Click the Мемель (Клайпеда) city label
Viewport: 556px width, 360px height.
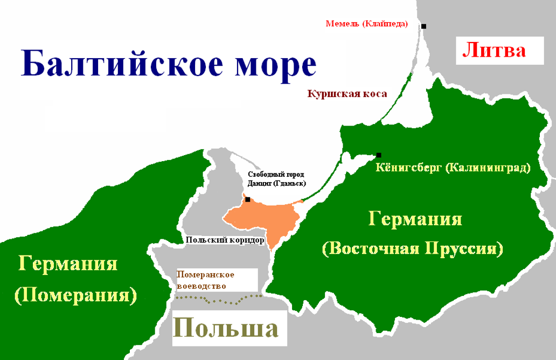(x=366, y=24)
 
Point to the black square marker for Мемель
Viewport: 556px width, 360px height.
(x=424, y=26)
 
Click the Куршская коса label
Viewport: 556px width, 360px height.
(x=347, y=94)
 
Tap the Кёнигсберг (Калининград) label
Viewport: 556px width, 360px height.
(x=453, y=168)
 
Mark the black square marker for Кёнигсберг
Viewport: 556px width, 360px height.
(x=379, y=155)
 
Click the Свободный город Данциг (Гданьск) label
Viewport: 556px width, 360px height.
(x=276, y=179)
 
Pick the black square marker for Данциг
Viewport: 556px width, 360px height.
(x=247, y=199)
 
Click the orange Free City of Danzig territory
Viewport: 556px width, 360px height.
(x=264, y=218)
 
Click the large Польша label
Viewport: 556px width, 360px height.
(x=226, y=328)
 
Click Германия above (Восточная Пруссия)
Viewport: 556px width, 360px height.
(x=415, y=219)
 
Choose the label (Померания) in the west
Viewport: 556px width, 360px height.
(x=76, y=295)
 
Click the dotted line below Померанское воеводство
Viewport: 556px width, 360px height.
(x=218, y=297)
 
